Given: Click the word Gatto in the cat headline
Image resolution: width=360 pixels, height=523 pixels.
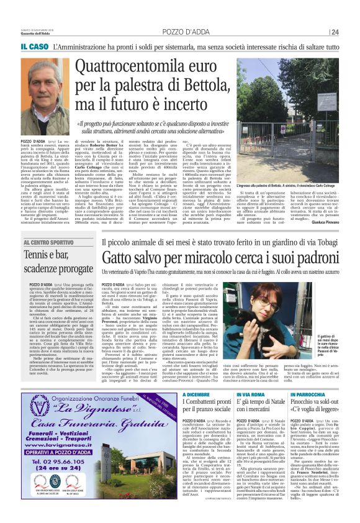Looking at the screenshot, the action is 101,255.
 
